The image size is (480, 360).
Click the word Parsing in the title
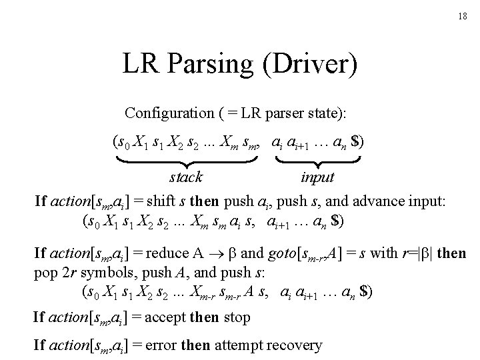209,65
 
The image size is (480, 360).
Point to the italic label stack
187,177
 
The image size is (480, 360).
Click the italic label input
317,177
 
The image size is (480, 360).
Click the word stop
237,317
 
